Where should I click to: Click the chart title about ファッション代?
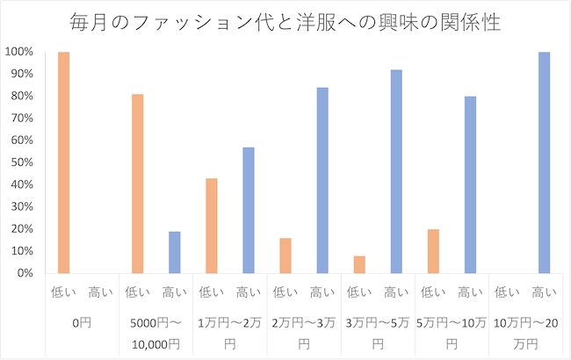click(285, 22)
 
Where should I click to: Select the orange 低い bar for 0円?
click(63, 162)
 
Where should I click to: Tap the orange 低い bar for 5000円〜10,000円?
click(137, 184)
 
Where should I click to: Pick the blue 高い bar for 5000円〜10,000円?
click(175, 252)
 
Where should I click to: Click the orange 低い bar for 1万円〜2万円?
click(212, 226)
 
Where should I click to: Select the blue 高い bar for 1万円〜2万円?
click(249, 210)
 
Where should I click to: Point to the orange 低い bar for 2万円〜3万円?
click(285, 256)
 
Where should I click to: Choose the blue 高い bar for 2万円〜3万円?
click(322, 180)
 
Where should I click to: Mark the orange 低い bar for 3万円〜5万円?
click(359, 264)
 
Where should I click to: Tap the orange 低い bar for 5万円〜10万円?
click(433, 251)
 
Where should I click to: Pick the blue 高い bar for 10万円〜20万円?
click(544, 162)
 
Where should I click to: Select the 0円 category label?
click(82, 321)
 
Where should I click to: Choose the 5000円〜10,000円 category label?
click(155, 331)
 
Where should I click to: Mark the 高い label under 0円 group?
click(100, 292)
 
